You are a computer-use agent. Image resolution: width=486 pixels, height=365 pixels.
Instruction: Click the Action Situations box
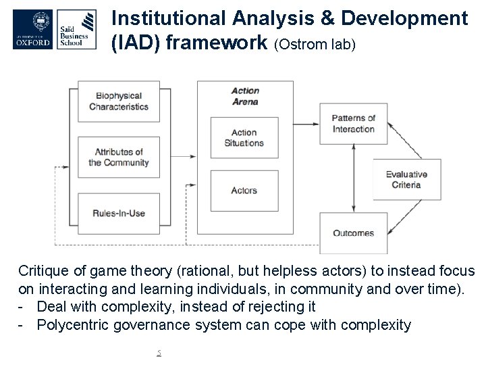244,138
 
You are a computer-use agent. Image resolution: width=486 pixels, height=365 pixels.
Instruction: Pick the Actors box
244,191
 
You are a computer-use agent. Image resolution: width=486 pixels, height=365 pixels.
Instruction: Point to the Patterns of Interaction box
353,124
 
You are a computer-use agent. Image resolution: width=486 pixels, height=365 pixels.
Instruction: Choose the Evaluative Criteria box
406,179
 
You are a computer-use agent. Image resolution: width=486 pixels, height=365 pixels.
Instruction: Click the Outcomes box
353,233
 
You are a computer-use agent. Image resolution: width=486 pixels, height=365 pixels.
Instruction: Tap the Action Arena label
244,96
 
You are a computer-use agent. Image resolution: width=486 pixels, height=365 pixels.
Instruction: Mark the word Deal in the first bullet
51,307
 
